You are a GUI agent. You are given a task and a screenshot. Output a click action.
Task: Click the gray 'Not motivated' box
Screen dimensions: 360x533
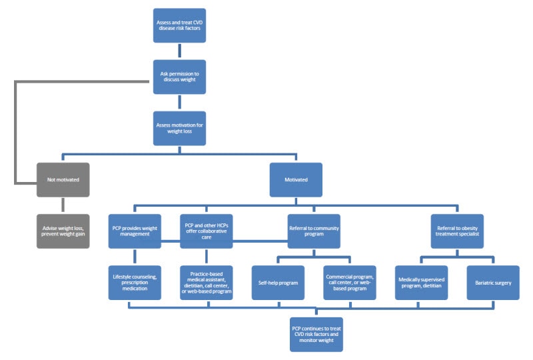(x=63, y=179)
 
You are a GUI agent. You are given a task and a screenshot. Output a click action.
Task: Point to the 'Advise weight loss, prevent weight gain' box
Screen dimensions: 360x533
(x=63, y=231)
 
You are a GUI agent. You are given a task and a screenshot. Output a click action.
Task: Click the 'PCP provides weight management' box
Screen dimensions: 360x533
(x=135, y=231)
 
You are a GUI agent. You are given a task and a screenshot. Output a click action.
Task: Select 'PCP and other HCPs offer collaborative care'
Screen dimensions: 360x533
(x=207, y=231)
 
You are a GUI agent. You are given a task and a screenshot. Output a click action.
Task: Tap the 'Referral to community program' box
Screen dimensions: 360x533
(x=314, y=231)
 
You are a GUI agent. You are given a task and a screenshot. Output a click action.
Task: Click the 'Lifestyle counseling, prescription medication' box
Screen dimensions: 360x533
(x=135, y=283)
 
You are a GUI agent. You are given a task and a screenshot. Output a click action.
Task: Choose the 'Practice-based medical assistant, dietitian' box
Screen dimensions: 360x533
(x=207, y=283)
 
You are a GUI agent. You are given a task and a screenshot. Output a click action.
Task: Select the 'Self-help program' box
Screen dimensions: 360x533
(x=278, y=283)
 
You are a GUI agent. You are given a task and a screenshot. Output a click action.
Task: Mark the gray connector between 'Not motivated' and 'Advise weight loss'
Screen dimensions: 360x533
(x=63, y=205)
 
